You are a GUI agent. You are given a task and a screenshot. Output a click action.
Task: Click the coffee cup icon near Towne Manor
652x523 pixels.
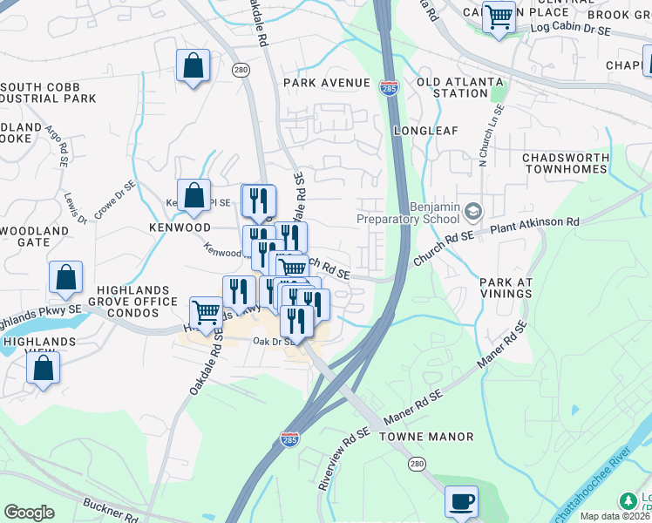coord(461,501)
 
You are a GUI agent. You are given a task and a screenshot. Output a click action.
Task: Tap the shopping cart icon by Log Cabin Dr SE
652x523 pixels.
coord(499,16)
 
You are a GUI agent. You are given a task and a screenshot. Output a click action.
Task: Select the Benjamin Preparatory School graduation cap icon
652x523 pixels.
coord(473,211)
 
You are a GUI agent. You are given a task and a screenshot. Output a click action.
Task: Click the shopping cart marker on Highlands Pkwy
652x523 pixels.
coord(206,311)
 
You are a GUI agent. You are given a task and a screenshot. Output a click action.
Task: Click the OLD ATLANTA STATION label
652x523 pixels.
coord(460,87)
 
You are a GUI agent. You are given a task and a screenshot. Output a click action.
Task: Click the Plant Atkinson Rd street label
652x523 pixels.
coord(534,223)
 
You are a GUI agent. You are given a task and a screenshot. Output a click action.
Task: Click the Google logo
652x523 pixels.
coord(29,513)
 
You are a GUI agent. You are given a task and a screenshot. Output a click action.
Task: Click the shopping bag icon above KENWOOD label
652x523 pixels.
coord(194,195)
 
